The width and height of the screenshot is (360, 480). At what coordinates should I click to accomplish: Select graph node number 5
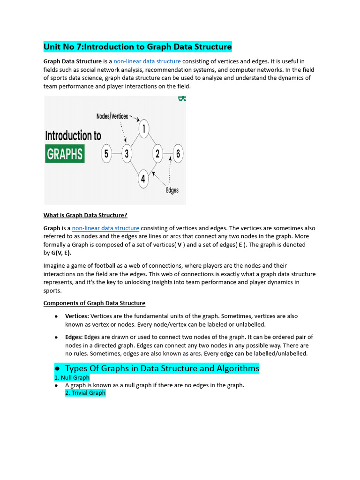pyautogui.click(x=107, y=153)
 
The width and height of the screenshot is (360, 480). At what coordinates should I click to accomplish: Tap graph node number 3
pyautogui.click(x=127, y=153)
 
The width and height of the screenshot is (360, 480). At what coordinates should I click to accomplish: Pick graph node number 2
pyautogui.click(x=157, y=153)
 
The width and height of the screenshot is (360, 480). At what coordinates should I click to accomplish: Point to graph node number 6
pyautogui.click(x=178, y=153)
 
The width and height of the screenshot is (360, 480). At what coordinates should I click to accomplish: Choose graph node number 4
pyautogui.click(x=143, y=179)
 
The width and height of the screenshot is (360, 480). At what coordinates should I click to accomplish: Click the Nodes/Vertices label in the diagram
pyautogui.click(x=112, y=116)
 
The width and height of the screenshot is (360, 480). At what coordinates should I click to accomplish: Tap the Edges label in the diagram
pyautogui.click(x=172, y=190)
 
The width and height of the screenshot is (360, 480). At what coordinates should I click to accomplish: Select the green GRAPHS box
pyautogui.click(x=65, y=154)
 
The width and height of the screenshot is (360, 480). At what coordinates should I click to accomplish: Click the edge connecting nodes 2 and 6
pyautogui.click(x=168, y=153)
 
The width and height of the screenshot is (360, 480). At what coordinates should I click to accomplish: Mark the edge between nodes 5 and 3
pyautogui.click(x=117, y=153)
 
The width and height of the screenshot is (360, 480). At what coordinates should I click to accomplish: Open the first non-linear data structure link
pyautogui.click(x=147, y=61)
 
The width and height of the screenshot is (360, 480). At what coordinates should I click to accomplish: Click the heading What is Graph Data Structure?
pyautogui.click(x=85, y=215)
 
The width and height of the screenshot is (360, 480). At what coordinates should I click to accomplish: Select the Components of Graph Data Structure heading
pyautogui.click(x=94, y=303)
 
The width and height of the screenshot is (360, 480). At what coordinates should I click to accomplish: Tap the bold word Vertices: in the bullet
pyautogui.click(x=77, y=316)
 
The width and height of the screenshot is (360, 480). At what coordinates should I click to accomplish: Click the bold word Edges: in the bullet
pyautogui.click(x=74, y=337)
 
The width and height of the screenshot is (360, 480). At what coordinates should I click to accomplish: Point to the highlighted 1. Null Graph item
pyautogui.click(x=72, y=377)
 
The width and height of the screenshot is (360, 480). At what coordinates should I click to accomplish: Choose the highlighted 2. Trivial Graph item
pyautogui.click(x=85, y=393)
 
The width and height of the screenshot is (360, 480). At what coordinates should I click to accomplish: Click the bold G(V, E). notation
pyautogui.click(x=61, y=253)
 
